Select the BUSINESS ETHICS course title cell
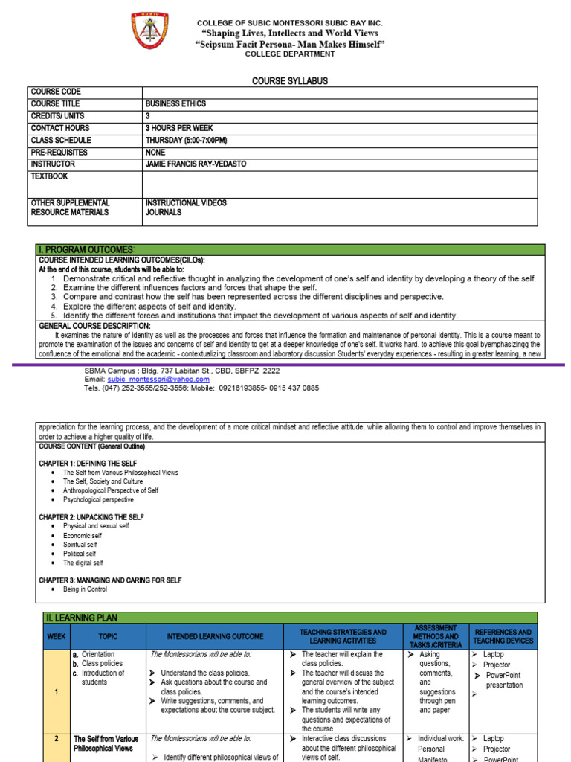point(176,104)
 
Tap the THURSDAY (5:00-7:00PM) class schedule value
point(187,140)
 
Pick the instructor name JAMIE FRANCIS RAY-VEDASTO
point(196,164)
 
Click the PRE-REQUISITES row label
point(59,152)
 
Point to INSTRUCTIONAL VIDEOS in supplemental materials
point(187,202)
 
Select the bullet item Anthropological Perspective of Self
point(111,490)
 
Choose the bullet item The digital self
point(83,563)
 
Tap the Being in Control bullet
point(85,589)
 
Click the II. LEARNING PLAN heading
point(83,618)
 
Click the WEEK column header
point(57,637)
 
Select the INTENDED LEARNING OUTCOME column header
point(215,637)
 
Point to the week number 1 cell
point(57,692)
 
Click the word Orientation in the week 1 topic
point(98,654)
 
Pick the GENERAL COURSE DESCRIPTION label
point(94,326)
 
